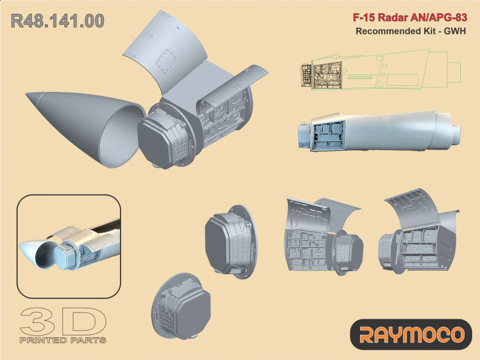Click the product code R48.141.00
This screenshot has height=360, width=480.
(58, 21)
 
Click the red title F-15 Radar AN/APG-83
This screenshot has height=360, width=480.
(410, 17)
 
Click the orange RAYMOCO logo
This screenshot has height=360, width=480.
(411, 334)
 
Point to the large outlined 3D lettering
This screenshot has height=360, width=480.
(63, 321)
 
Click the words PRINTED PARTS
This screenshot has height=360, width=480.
(63, 340)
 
